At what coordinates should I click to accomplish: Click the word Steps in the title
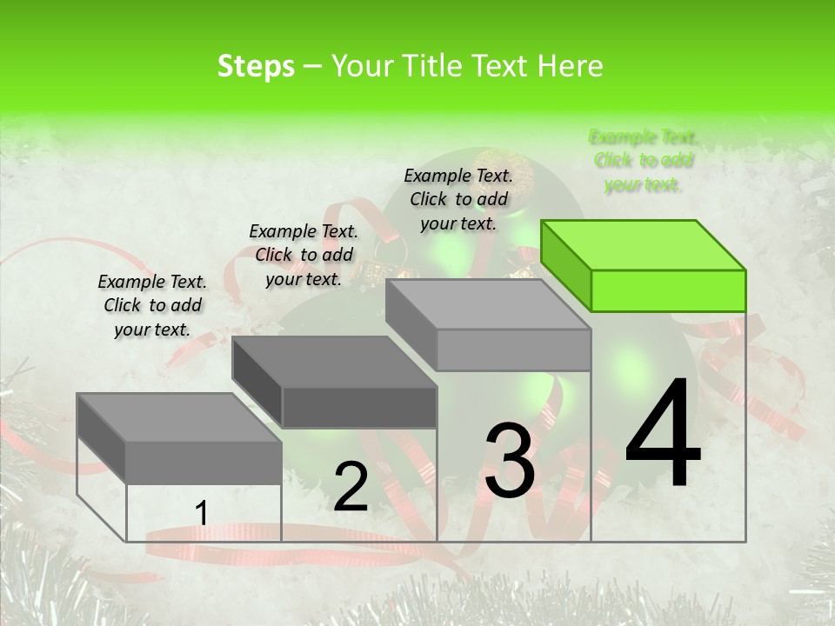point(256,66)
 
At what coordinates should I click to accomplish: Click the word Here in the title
point(569,66)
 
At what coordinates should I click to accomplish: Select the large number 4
point(663,436)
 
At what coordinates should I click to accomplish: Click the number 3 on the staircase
point(510,461)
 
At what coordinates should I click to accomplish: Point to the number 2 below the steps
point(351,487)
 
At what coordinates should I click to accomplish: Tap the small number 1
point(201,514)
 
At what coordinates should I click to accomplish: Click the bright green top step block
point(644,265)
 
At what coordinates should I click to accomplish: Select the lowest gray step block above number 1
point(179,438)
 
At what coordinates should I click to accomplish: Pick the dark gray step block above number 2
point(335,382)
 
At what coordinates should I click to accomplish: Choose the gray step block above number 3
point(489,325)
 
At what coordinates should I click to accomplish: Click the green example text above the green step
point(643,160)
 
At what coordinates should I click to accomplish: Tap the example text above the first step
point(152,305)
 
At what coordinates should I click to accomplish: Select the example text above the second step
point(304,255)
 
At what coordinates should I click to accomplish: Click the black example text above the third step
point(458,199)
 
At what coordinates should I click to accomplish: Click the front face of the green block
point(668,290)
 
